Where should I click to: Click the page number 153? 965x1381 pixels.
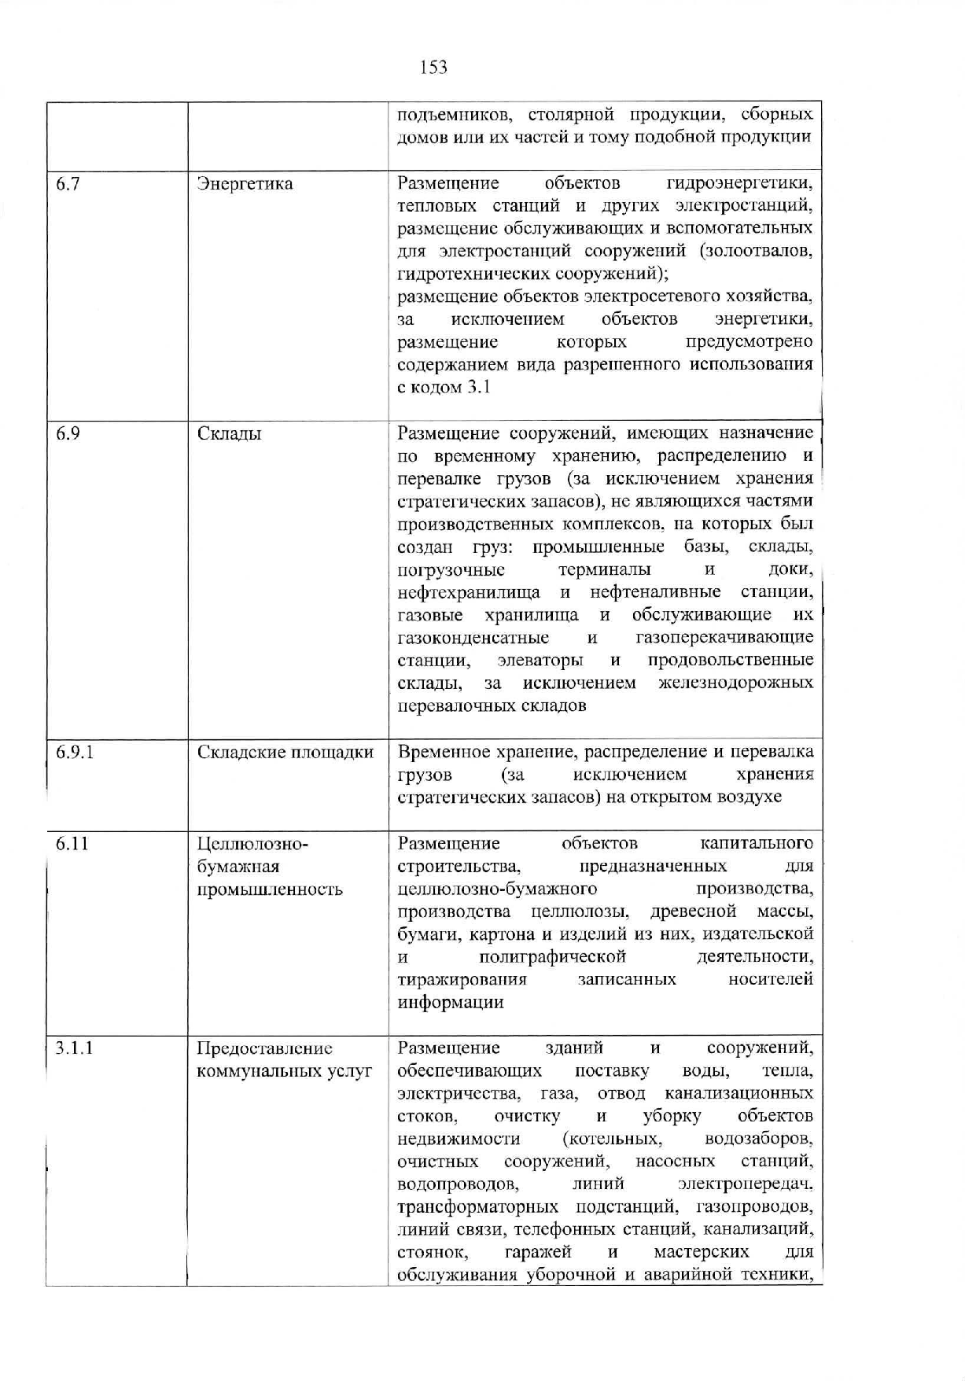(x=434, y=67)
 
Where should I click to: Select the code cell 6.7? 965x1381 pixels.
(x=68, y=184)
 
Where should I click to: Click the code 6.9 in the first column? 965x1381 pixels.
(x=68, y=433)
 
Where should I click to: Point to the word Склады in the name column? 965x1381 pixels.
(x=229, y=434)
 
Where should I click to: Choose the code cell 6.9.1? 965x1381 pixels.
(x=75, y=752)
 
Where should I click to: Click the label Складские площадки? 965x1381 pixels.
(x=285, y=753)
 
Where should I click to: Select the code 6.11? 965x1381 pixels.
(x=72, y=844)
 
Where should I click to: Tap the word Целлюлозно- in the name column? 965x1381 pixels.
(x=252, y=845)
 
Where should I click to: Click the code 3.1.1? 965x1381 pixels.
(x=75, y=1048)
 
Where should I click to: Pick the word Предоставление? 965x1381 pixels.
(x=264, y=1049)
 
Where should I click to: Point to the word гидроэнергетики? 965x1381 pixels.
(x=739, y=184)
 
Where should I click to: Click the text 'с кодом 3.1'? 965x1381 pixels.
(x=444, y=388)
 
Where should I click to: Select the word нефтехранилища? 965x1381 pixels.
(x=469, y=592)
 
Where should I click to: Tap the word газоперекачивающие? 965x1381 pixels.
(x=724, y=637)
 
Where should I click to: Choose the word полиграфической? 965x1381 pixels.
(x=552, y=957)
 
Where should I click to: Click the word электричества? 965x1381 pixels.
(x=459, y=1094)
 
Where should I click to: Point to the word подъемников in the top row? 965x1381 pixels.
(x=451, y=116)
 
